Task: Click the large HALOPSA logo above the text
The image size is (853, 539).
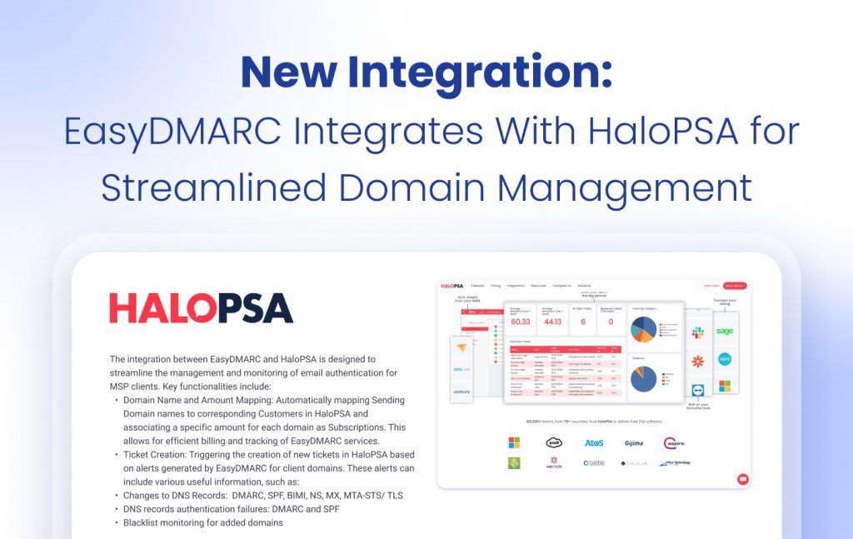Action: pos(201,307)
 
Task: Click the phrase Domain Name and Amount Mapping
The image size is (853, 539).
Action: pos(207,400)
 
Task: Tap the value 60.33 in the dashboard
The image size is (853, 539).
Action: pos(520,321)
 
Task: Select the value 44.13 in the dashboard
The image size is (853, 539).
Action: pos(551,321)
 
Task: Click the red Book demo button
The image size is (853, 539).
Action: pos(734,286)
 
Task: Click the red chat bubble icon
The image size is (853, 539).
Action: pos(742,479)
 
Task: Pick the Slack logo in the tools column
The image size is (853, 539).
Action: pos(697,332)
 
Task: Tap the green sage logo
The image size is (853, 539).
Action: pos(725,332)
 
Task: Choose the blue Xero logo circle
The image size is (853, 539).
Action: pos(725,359)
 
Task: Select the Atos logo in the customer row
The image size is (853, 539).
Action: pos(594,442)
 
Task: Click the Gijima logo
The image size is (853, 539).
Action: pos(634,442)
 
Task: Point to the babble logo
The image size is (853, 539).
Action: pos(594,462)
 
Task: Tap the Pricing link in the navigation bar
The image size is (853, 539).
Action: pos(496,286)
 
